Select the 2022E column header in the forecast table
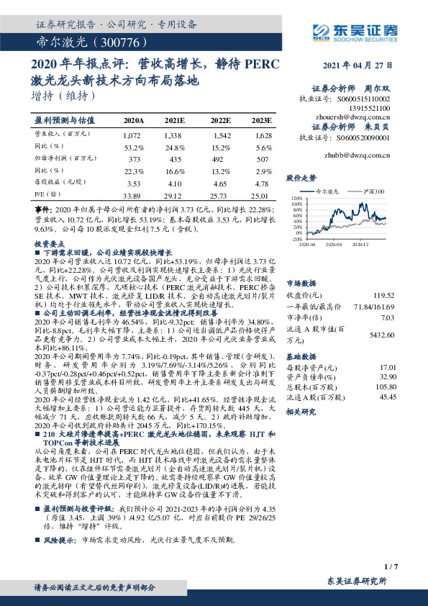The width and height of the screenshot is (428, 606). pos(220,119)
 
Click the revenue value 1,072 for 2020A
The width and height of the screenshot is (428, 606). pos(132,135)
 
